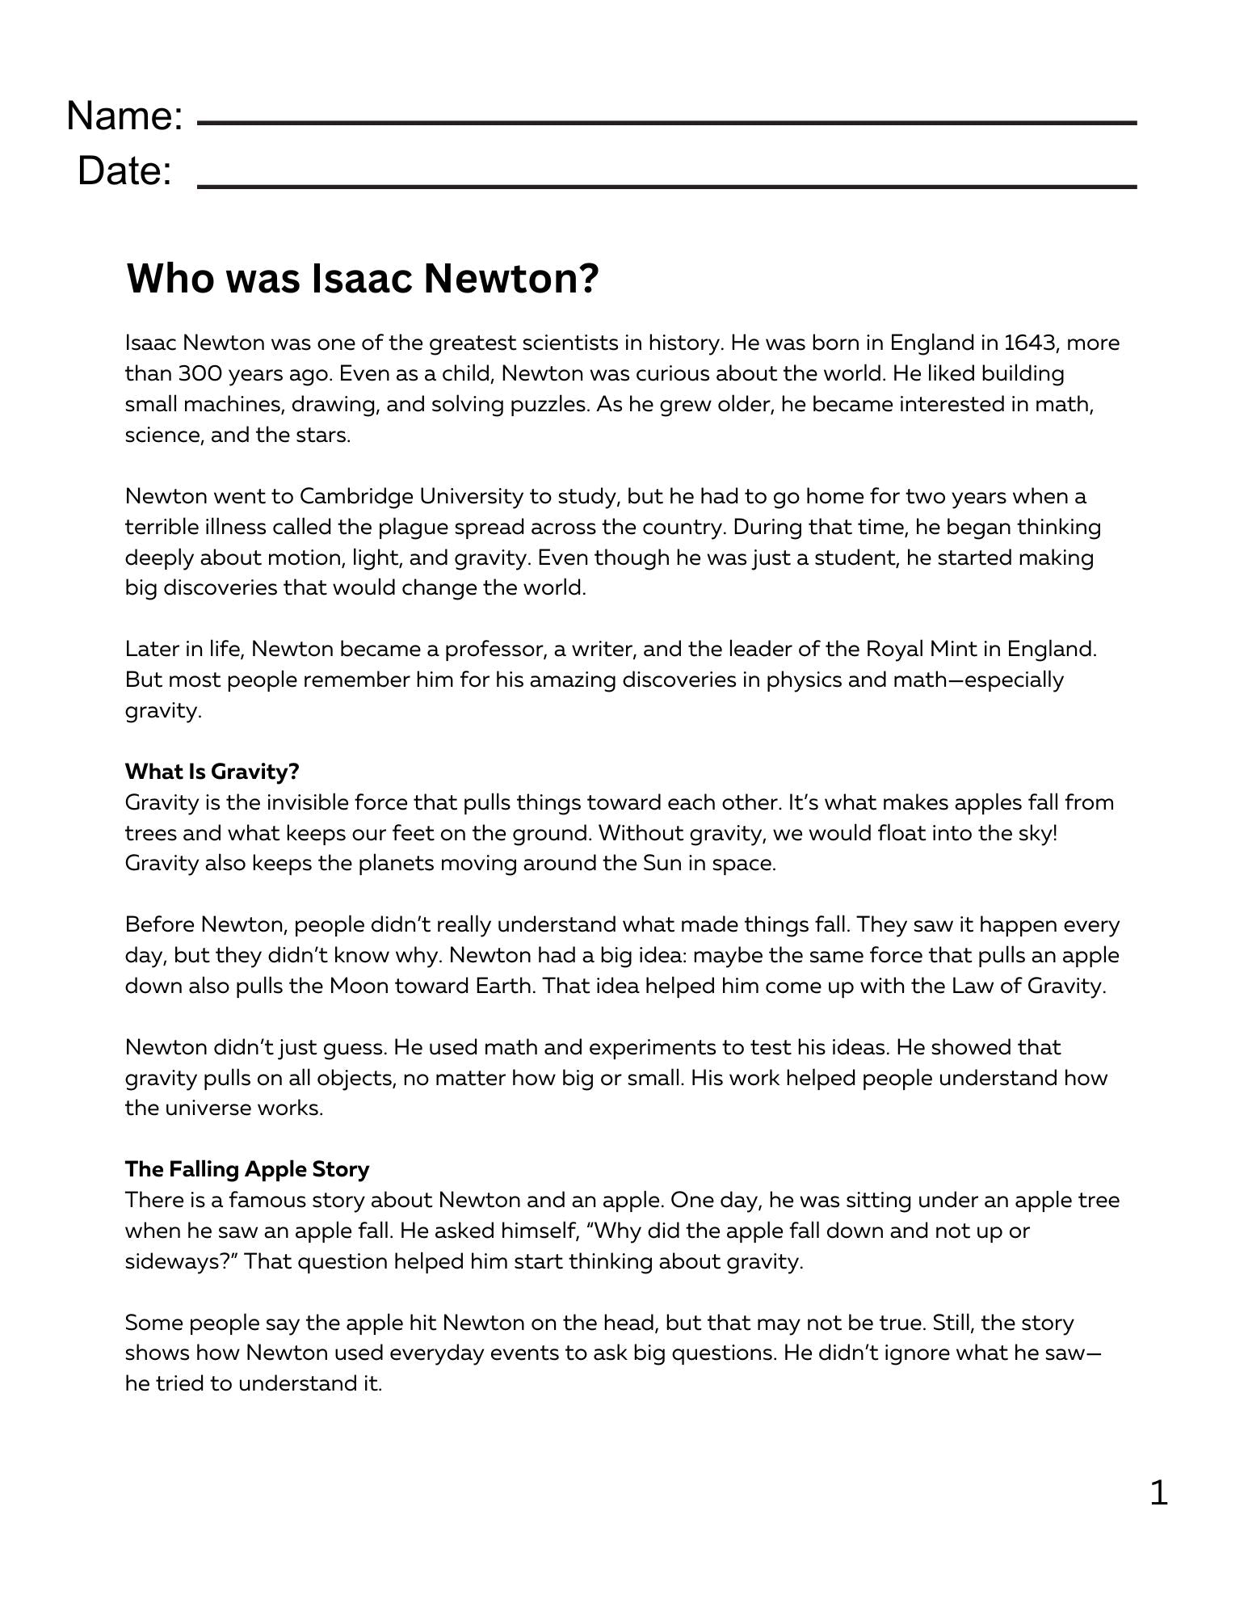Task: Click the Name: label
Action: pyautogui.click(x=125, y=116)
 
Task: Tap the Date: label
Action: pyautogui.click(x=125, y=171)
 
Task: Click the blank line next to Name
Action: pyautogui.click(x=666, y=123)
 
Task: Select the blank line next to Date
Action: pyautogui.click(x=666, y=187)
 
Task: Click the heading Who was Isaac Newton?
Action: pyautogui.click(x=363, y=279)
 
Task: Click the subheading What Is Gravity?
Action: pyautogui.click(x=212, y=772)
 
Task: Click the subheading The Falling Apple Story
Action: pyautogui.click(x=246, y=1169)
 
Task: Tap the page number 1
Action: pyautogui.click(x=1158, y=1493)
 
